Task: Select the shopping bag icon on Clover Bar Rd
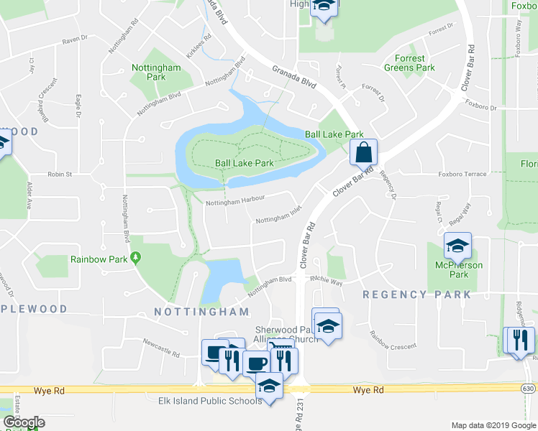364,152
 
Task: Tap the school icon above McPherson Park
457,246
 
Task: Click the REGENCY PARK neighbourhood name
417,295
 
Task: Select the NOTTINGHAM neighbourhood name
202,312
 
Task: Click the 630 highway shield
529,389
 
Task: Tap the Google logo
23,422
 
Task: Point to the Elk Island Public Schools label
210,401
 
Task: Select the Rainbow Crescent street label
393,341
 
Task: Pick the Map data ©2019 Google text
493,425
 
